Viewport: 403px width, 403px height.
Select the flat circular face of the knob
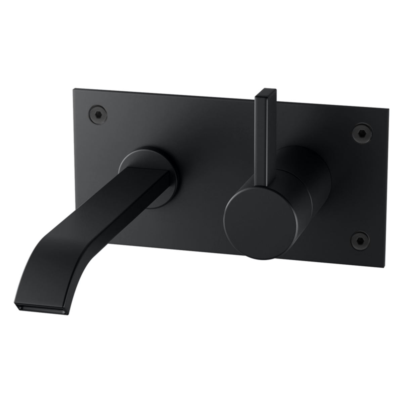click(257, 223)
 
